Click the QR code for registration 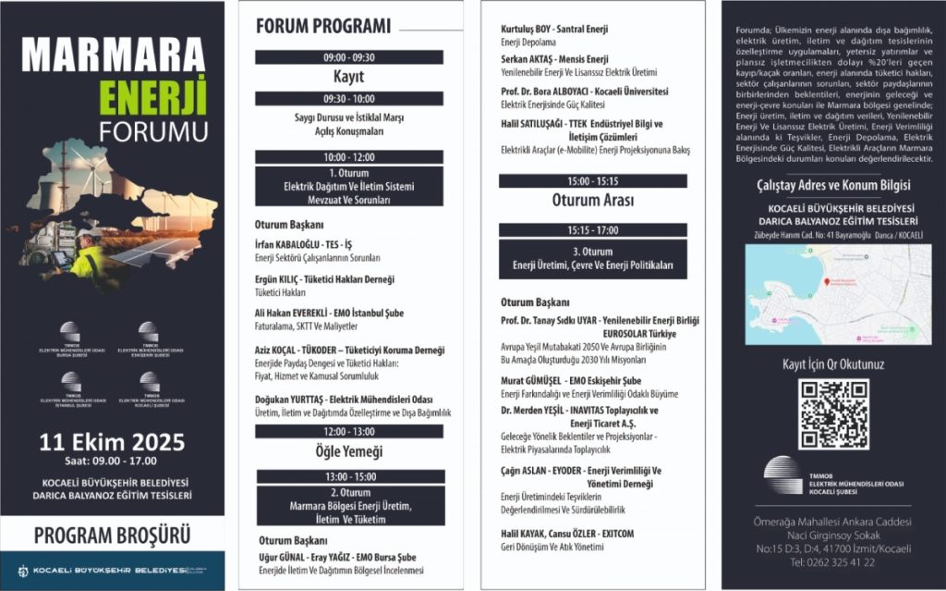[833, 413]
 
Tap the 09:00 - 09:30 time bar [348, 57]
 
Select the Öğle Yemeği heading [348, 451]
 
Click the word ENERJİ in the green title [154, 96]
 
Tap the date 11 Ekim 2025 [112, 441]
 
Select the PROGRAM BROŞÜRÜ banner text [112, 535]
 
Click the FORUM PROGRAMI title [322, 27]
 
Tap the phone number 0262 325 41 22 [849, 561]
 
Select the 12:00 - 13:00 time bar [348, 432]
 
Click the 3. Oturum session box [592, 258]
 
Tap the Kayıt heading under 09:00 [348, 77]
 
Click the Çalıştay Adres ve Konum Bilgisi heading [833, 184]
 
